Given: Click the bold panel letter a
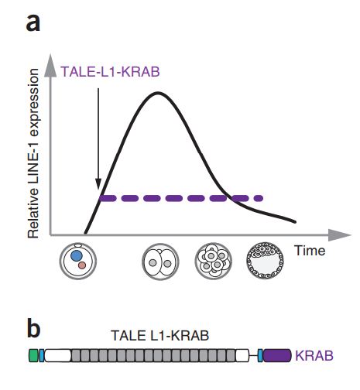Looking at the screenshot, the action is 33,23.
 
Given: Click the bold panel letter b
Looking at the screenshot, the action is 34,329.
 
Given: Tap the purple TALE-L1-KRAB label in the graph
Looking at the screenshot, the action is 110,71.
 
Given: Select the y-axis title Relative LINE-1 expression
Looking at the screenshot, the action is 33,153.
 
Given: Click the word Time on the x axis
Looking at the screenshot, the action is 310,251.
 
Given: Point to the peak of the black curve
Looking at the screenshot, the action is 158,93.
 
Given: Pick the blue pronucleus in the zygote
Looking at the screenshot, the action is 77,255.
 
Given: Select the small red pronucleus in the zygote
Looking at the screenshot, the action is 82,265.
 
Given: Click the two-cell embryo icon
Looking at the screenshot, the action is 160,262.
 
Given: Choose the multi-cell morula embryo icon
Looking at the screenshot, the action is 214,262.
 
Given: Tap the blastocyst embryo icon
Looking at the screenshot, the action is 265,260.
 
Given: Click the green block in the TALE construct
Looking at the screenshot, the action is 33,355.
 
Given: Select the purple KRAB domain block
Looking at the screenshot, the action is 277,355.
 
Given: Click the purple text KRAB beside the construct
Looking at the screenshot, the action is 314,356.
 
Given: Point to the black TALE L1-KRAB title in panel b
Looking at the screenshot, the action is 160,336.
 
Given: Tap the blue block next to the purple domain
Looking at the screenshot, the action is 260,355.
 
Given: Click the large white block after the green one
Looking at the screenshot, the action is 57,355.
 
